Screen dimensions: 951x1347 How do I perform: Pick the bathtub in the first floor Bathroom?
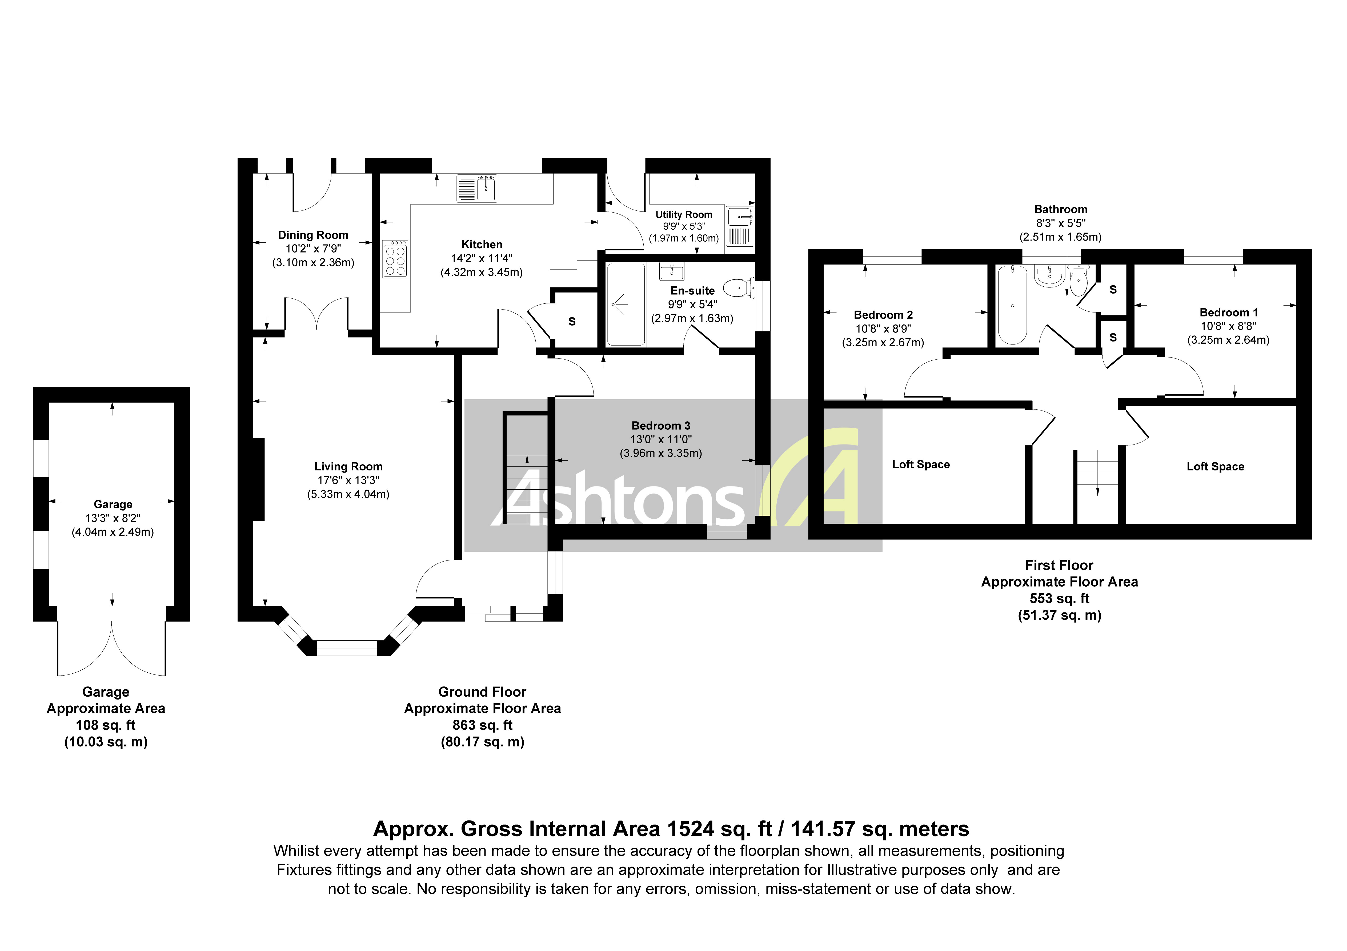[1012, 306]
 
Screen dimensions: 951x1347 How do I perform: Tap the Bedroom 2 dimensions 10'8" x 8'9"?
[883, 329]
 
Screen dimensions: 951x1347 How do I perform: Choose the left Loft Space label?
[920, 464]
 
